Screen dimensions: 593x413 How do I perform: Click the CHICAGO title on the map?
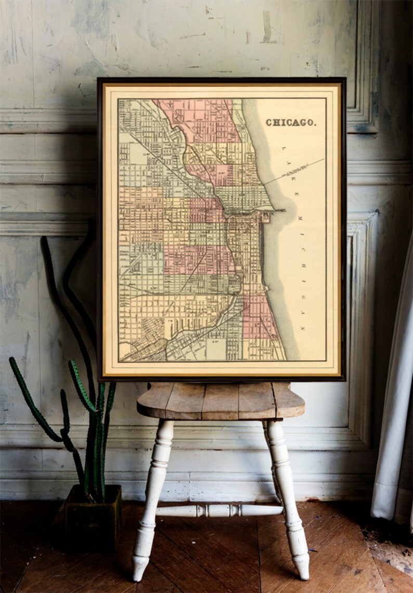pos(290,123)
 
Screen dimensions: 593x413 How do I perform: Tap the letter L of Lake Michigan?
pos(284,149)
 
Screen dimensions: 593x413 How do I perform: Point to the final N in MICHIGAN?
pos(303,329)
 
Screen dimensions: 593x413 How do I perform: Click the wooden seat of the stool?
pos(221,400)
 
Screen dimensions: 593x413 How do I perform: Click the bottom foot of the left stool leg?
pos(140,569)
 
